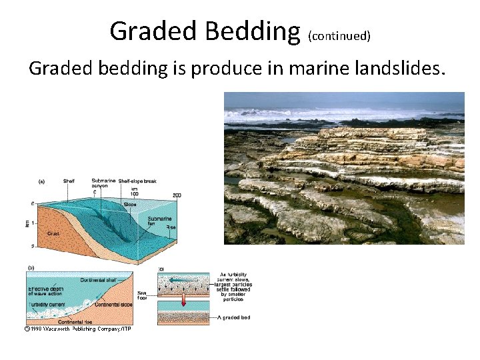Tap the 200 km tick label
pos(177,195)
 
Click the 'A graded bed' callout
pos(234,317)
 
